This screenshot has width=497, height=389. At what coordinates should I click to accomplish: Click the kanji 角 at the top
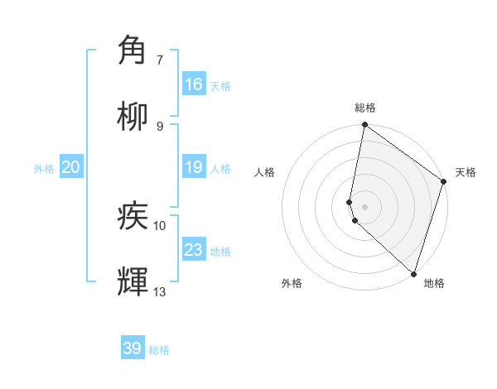[x=133, y=50]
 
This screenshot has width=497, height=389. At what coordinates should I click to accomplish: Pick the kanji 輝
[x=133, y=281]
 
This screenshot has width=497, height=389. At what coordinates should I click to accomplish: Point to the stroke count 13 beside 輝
[x=159, y=291]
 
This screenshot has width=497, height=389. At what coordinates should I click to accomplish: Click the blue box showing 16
[x=194, y=84]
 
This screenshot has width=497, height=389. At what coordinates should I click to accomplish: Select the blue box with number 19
[x=194, y=167]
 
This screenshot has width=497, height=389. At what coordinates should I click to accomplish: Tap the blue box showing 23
[x=194, y=250]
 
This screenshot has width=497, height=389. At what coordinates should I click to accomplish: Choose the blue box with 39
[x=133, y=348]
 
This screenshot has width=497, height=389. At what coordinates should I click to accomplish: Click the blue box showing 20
[x=70, y=167]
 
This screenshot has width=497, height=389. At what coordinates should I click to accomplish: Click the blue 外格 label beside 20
[x=44, y=169]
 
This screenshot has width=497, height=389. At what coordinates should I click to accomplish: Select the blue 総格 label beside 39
[x=159, y=350]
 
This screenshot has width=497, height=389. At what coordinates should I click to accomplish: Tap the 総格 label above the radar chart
[x=364, y=108]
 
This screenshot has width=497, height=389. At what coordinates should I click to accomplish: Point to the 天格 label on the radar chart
[x=466, y=172]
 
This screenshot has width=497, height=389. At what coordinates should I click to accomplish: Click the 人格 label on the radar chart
[x=265, y=172]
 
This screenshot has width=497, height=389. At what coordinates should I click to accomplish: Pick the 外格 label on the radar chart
[x=292, y=283]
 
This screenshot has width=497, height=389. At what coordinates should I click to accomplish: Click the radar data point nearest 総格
[x=364, y=126]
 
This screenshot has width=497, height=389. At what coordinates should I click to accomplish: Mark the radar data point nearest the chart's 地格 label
[x=413, y=273]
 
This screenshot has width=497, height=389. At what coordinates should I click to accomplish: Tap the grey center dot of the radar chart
[x=364, y=205]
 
